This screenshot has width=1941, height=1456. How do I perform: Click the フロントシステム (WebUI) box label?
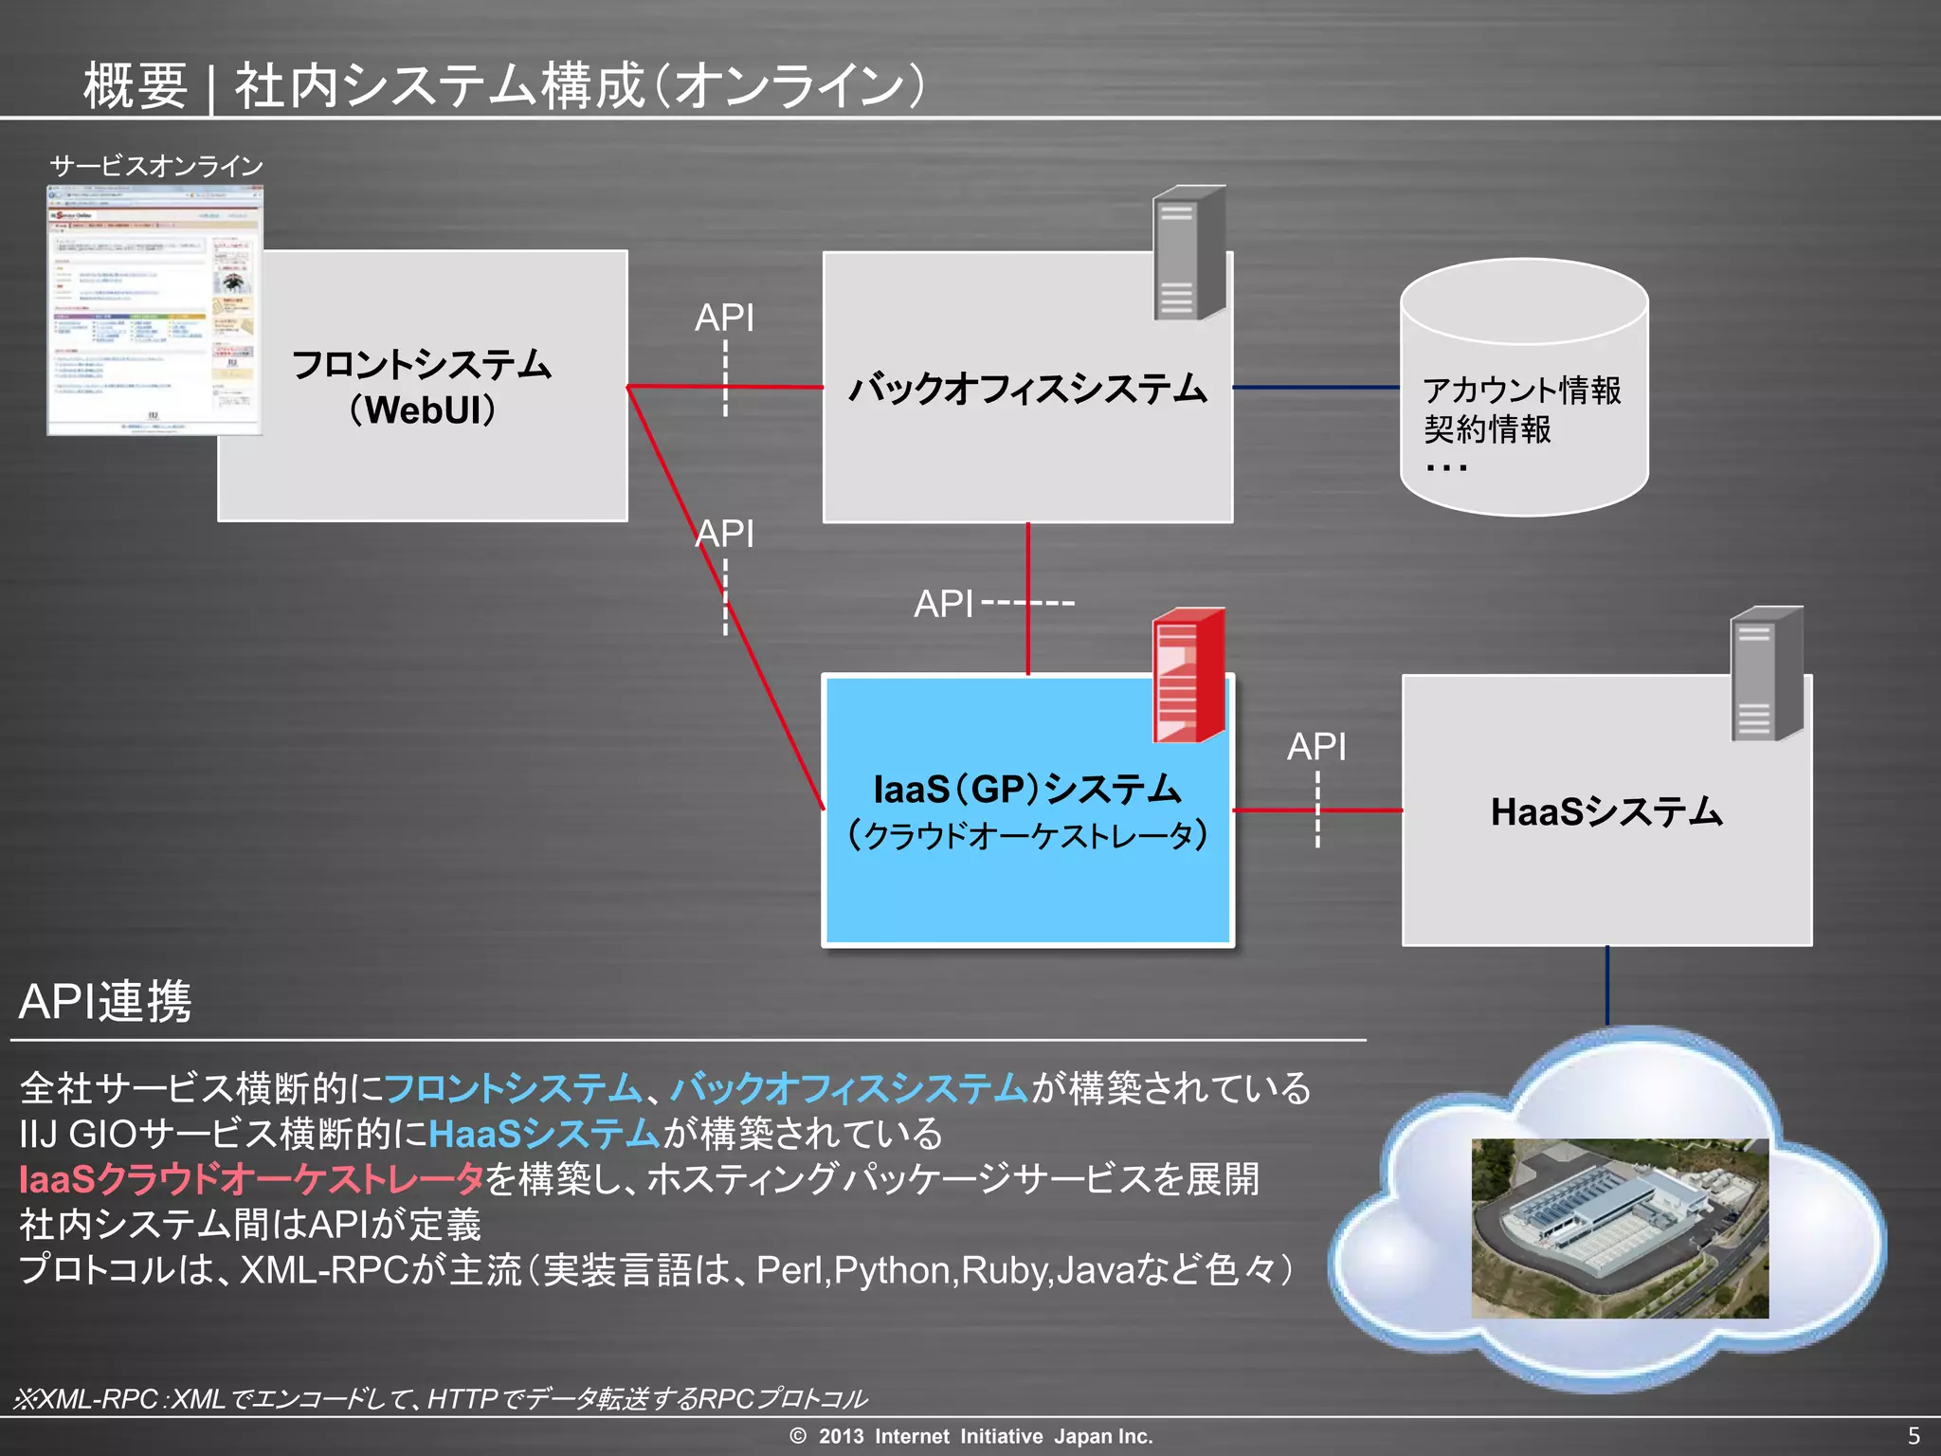422,387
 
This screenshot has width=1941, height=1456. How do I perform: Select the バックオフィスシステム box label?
1027,389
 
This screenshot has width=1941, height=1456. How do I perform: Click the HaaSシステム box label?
1606,812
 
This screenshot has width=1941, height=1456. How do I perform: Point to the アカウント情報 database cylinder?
1524,389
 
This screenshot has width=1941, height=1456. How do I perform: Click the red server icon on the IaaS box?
1188,675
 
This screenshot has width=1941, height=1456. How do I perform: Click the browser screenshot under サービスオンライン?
154,311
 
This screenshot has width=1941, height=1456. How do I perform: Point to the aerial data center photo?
1619,1228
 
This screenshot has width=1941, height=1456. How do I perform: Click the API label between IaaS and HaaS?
1315,747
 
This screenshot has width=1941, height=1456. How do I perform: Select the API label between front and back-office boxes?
724,318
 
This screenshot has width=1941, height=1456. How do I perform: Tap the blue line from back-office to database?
1315,388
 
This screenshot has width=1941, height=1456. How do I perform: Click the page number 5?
1914,1435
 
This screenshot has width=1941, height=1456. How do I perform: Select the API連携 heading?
105,1001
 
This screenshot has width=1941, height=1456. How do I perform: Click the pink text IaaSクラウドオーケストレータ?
251,1178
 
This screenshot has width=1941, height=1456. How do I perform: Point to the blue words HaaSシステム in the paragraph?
544,1133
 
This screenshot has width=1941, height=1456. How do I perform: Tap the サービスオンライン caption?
156,167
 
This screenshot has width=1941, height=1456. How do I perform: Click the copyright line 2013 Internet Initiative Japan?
971,1436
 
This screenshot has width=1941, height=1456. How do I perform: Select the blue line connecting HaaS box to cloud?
1607,986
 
